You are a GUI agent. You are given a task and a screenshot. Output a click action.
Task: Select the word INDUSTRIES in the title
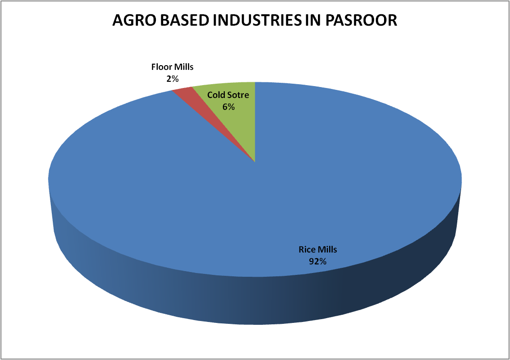click(257, 20)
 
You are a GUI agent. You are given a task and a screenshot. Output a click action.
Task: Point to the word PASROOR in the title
click(361, 20)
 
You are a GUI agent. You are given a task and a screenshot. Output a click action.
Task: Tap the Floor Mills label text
click(173, 67)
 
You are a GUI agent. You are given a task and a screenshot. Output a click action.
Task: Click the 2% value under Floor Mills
click(173, 79)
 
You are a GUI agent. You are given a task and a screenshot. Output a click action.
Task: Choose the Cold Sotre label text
click(228, 95)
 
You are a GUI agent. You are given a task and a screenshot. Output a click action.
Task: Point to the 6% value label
click(229, 107)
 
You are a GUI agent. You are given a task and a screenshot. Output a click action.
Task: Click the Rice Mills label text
click(318, 250)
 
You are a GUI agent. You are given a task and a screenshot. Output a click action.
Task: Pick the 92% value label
click(318, 262)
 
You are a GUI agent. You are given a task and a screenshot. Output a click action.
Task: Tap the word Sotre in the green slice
click(238, 95)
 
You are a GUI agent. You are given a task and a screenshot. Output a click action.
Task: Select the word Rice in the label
click(306, 250)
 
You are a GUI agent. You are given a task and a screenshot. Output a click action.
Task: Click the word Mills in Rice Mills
click(327, 250)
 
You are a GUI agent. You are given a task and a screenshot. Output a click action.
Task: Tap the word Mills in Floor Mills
click(183, 67)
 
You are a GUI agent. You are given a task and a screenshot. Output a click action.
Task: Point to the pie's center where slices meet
click(255, 162)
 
